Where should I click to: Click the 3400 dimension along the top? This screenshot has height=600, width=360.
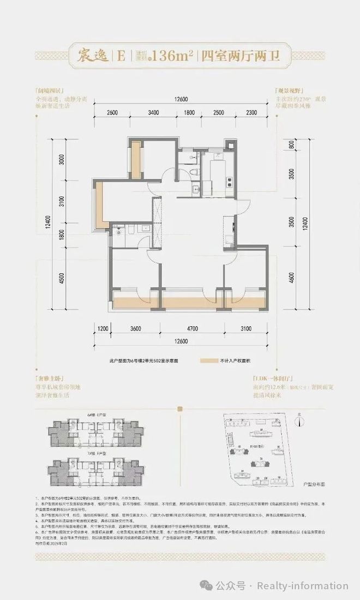[153, 113]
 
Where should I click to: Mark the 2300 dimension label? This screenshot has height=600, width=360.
[251, 113]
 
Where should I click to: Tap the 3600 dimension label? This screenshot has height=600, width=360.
[136, 328]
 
